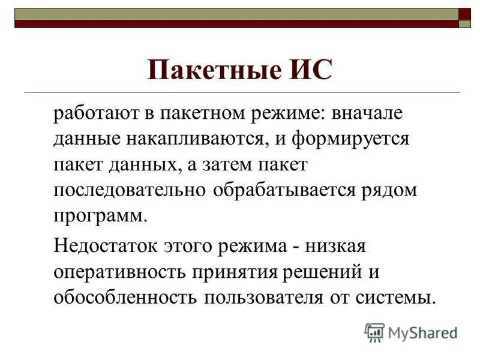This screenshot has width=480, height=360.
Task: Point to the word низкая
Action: pos(340,247)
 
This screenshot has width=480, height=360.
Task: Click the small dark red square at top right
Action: pos(465,14)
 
